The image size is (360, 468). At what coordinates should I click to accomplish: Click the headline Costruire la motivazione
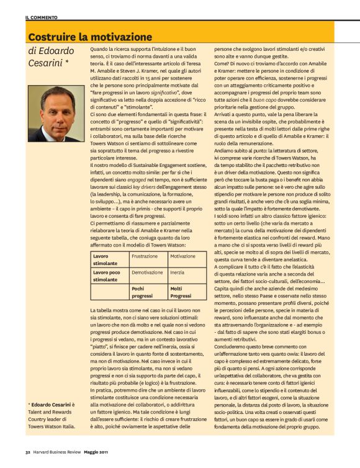[90, 37]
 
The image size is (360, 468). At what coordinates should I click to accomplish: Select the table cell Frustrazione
[145, 256]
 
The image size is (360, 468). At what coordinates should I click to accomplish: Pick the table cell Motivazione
[182, 256]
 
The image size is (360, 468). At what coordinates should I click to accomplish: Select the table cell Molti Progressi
[182, 292]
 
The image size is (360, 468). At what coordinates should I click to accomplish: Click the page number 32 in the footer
[28, 460]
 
